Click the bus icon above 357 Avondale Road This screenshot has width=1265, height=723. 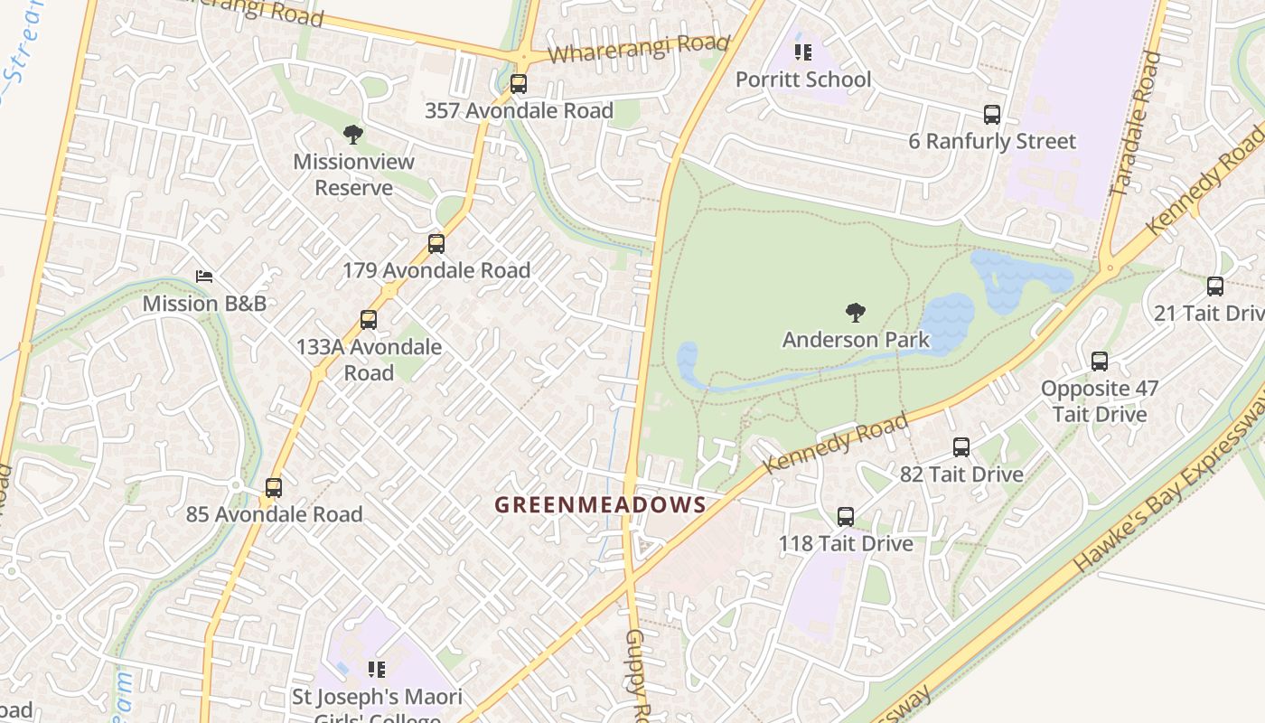click(x=518, y=84)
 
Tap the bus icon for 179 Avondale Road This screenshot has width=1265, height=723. click(x=436, y=244)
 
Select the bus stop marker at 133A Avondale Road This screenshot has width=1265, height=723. click(x=368, y=320)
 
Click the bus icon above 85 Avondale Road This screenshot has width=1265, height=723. click(x=274, y=488)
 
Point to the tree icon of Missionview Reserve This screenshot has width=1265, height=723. click(x=353, y=136)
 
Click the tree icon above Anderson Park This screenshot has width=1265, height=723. click(x=855, y=314)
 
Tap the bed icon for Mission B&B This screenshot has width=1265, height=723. click(x=204, y=277)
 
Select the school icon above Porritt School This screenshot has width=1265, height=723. click(x=803, y=52)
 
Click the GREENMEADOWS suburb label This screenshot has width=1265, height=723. click(x=600, y=504)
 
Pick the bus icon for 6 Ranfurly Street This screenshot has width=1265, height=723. click(x=992, y=115)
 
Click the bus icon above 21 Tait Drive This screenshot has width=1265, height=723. click(x=1215, y=286)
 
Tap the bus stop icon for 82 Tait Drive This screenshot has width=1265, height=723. click(x=961, y=447)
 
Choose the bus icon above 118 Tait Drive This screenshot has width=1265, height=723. click(x=846, y=517)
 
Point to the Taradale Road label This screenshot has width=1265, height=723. click(x=1134, y=124)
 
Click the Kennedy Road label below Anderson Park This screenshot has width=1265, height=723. click(x=834, y=444)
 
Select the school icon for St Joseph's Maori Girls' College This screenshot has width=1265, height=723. click(x=377, y=670)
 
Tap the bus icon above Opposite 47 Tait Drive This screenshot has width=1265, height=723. click(x=1100, y=361)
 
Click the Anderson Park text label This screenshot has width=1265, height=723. click(x=855, y=340)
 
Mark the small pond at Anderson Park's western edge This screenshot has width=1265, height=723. click(x=687, y=361)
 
